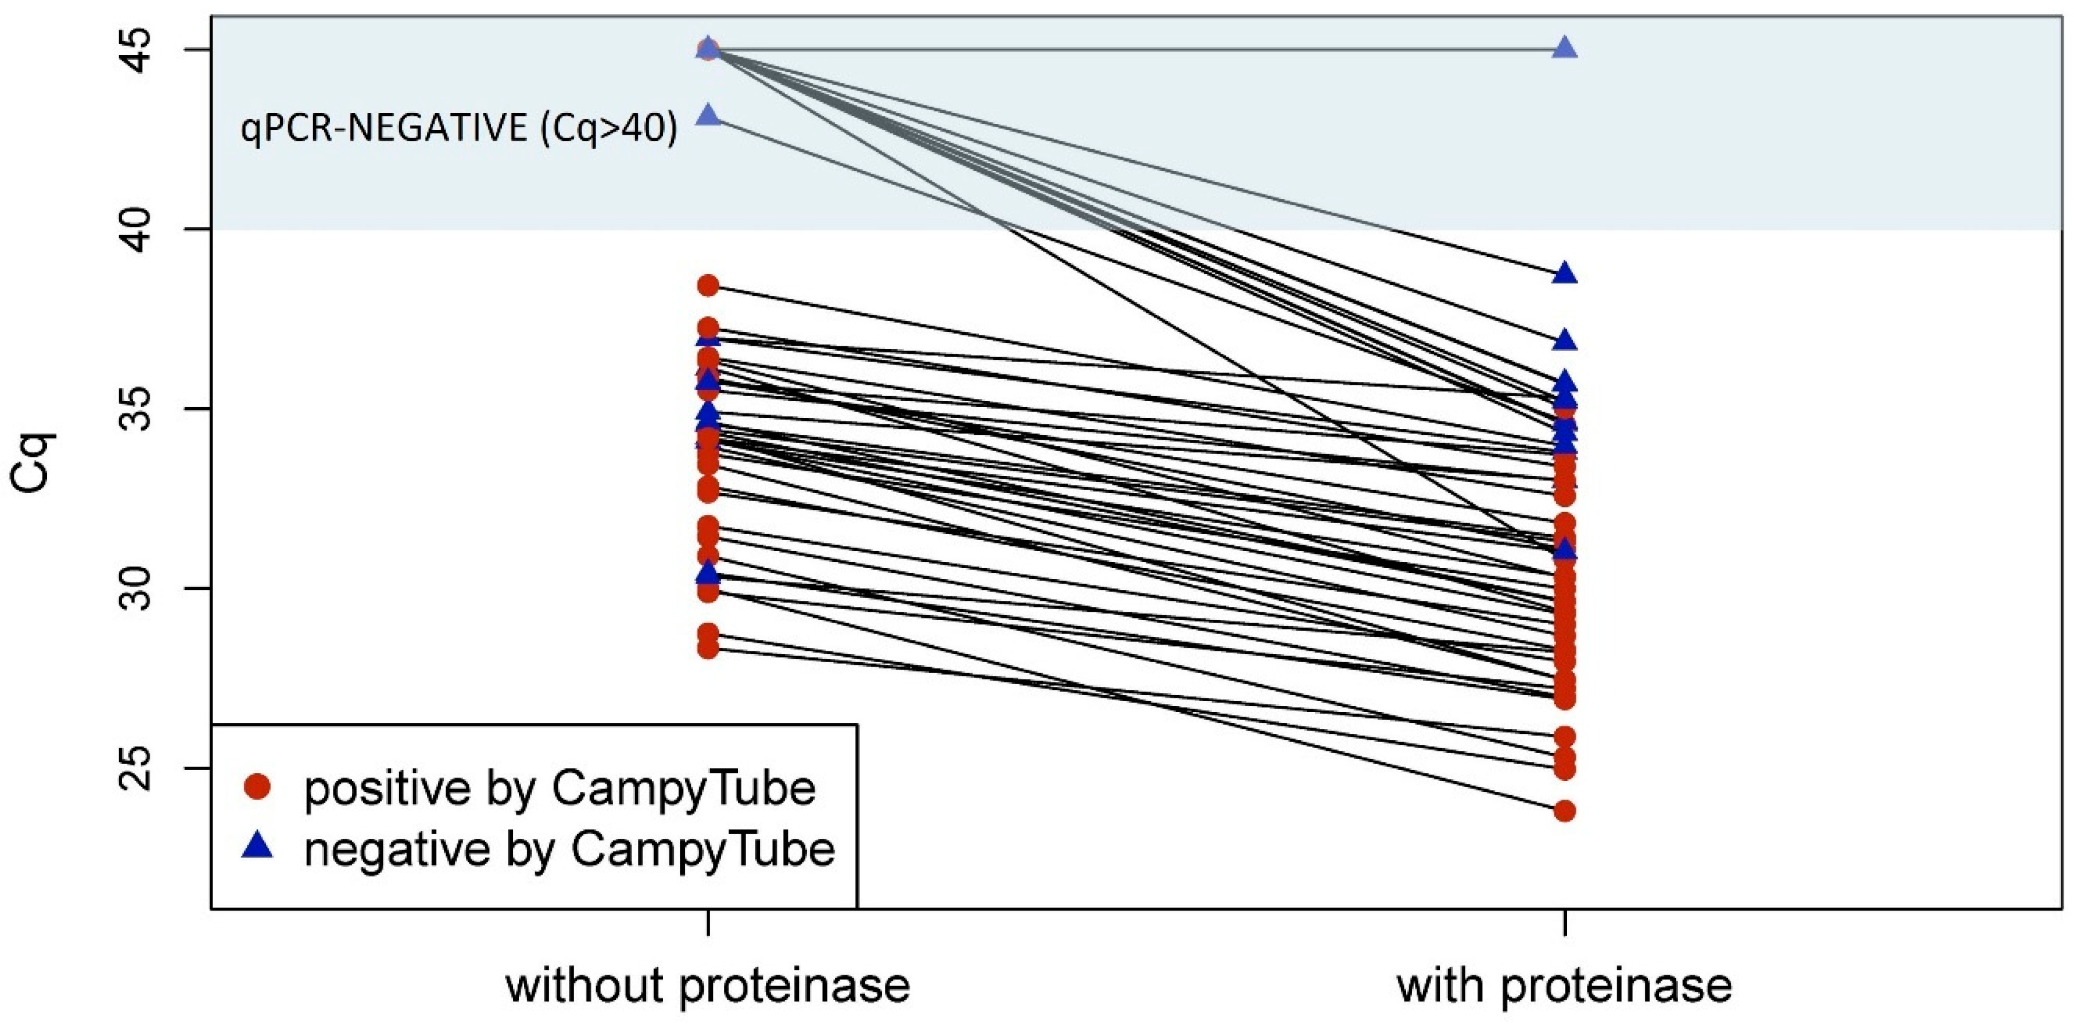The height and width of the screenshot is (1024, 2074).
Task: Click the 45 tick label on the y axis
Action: click(x=139, y=50)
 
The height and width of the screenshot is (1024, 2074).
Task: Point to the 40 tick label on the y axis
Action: click(x=139, y=229)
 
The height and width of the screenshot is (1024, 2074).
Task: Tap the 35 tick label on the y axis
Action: click(x=139, y=409)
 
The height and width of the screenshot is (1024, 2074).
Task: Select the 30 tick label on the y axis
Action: click(x=139, y=589)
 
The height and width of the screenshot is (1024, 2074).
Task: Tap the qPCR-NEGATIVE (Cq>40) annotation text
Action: click(x=459, y=129)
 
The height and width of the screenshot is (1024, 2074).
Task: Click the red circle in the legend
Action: click(x=258, y=787)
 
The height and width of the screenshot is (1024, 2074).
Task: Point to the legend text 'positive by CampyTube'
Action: click(x=559, y=788)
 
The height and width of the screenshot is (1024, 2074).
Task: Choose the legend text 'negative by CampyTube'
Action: click(x=569, y=849)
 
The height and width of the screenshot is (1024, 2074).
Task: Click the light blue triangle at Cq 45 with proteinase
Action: click(x=1565, y=48)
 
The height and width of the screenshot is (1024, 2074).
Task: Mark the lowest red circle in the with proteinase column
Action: click(x=1565, y=811)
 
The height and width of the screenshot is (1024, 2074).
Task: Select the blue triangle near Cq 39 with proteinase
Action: click(x=1565, y=274)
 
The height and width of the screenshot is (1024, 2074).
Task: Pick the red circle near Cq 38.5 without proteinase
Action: click(x=708, y=285)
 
